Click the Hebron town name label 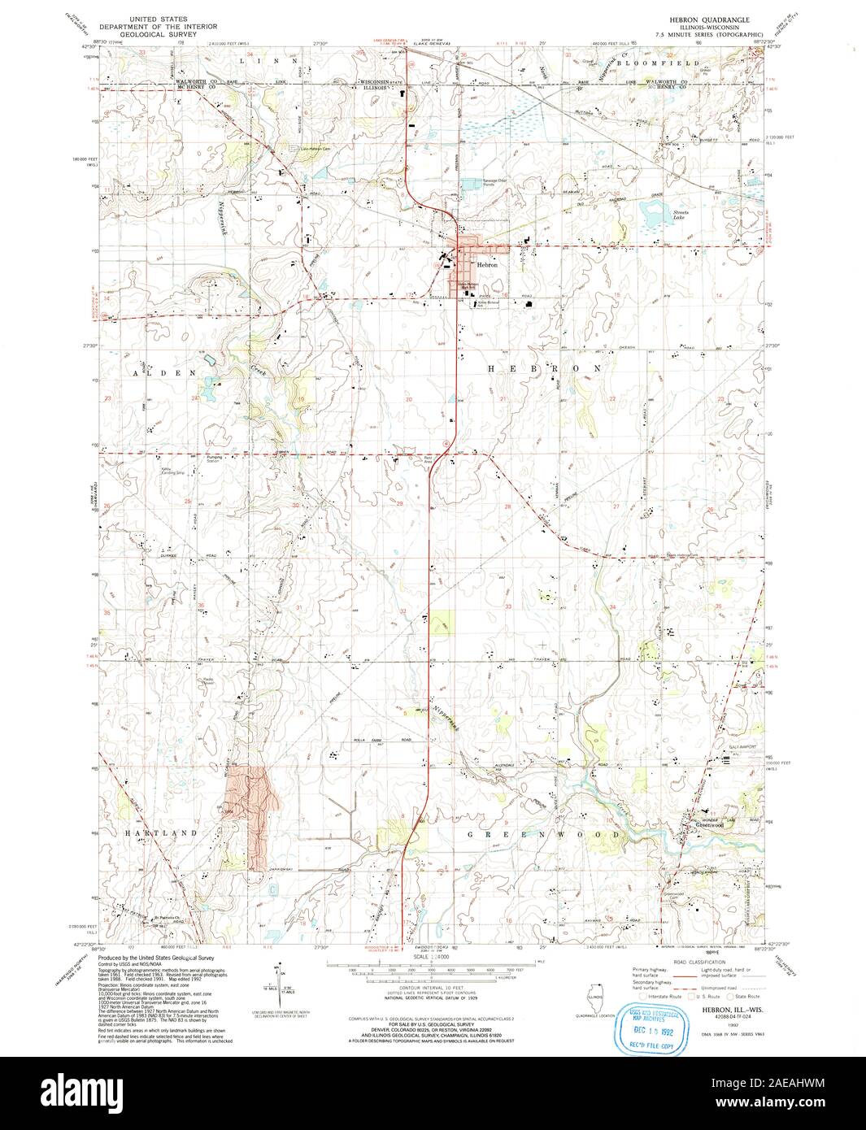487,264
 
